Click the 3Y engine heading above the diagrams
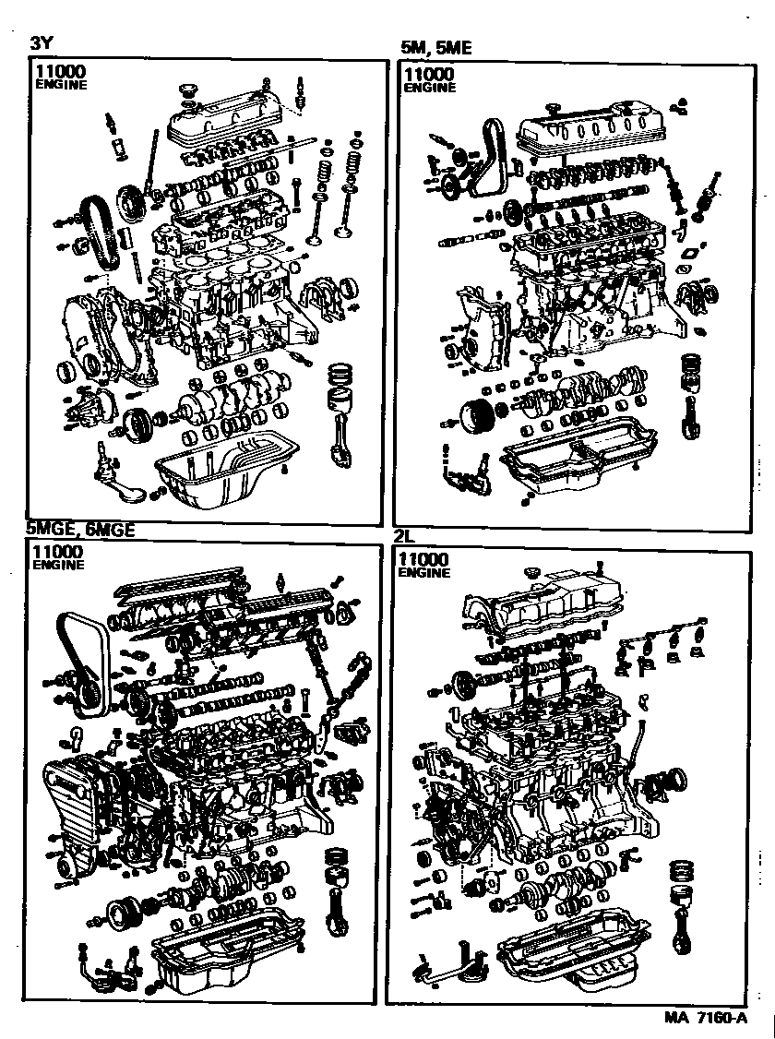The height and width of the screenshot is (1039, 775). click(42, 42)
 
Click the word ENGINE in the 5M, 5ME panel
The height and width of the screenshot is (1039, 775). click(429, 88)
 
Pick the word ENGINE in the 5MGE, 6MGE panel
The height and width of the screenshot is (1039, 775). click(59, 566)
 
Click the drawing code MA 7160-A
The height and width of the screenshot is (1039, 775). click(705, 1018)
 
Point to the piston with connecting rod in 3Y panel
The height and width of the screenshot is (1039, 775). click(343, 411)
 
